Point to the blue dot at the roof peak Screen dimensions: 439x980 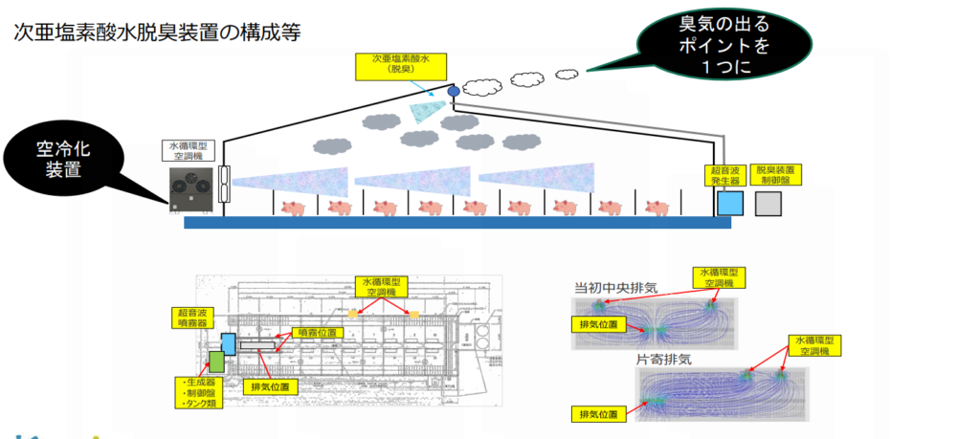pos(453,90)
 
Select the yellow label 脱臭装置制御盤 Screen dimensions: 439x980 pos(776,173)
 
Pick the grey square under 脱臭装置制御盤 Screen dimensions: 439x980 pos(768,203)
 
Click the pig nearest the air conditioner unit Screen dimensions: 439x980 pos(294,208)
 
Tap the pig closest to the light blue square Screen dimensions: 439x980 pos(657,208)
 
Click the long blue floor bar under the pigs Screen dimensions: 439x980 pos(457,223)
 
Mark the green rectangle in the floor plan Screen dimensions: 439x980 pos(216,362)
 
